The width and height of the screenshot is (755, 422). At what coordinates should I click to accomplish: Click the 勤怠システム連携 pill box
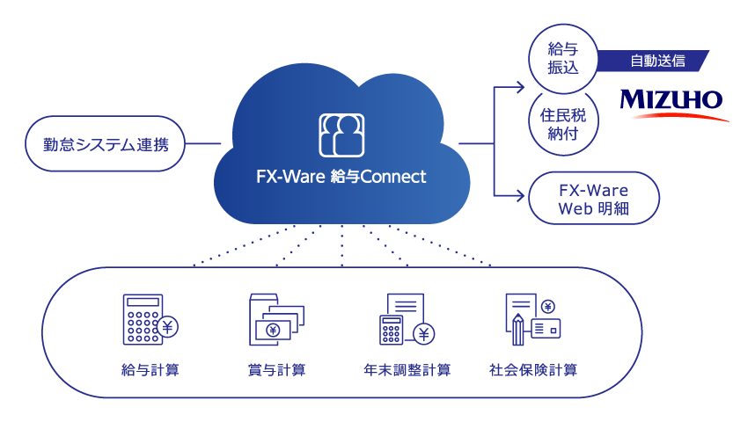pos(106,142)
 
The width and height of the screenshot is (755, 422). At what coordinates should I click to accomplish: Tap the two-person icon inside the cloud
pos(341,135)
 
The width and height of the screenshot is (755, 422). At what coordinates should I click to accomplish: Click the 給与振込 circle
pos(563,58)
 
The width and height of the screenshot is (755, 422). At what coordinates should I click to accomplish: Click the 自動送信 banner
pos(656,61)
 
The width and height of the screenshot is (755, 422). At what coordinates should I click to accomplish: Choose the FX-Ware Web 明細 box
pos(596,200)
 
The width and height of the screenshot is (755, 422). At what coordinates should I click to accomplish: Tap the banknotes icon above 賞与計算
pos(276,320)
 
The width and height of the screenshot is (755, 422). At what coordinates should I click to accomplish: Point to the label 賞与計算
pos(277,370)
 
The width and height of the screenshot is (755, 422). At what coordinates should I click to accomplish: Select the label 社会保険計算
pos(533,370)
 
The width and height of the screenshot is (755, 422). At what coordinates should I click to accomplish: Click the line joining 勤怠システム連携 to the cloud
pos(203,142)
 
